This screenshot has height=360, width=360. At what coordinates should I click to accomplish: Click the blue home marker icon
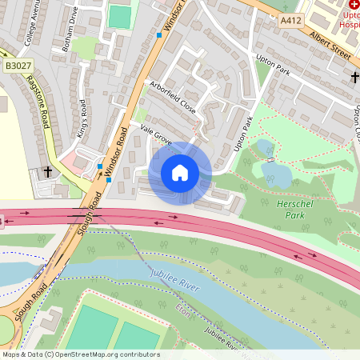point(180,173)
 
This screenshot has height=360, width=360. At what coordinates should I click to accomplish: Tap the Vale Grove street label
point(157,134)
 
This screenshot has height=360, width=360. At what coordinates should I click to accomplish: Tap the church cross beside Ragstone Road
point(48,171)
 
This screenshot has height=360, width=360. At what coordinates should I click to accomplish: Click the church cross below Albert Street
point(354,77)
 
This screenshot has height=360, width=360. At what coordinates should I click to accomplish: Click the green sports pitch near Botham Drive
point(118,16)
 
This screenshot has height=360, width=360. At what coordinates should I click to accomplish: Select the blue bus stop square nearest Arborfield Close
point(158,36)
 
